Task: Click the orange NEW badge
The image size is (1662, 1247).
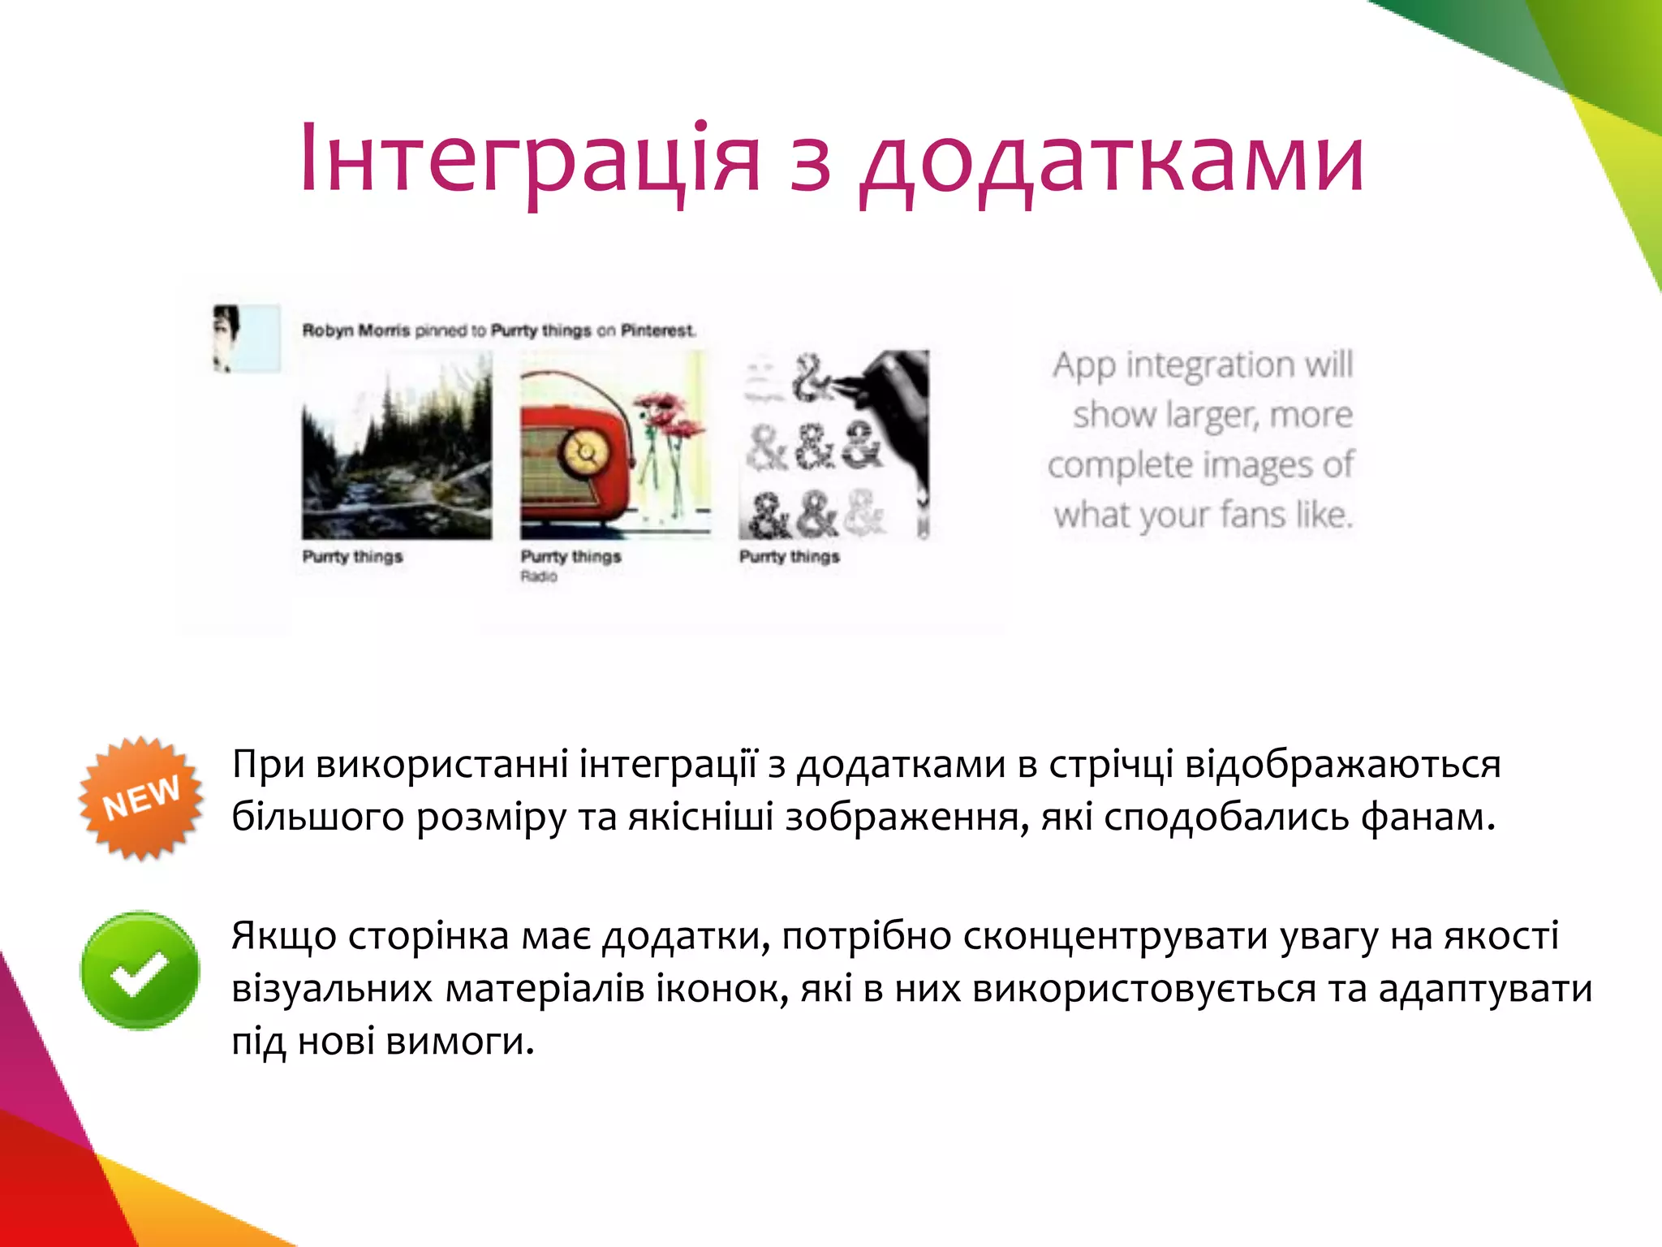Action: point(140,797)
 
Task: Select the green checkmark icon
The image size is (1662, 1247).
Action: point(140,971)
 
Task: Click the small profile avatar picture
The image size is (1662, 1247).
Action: point(246,338)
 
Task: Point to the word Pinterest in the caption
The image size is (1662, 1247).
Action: point(657,330)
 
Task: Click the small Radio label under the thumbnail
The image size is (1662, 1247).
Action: point(539,576)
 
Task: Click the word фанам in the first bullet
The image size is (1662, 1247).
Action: point(1427,817)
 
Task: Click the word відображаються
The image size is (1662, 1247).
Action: point(1342,765)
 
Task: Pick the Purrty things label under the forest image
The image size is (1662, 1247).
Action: point(352,557)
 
